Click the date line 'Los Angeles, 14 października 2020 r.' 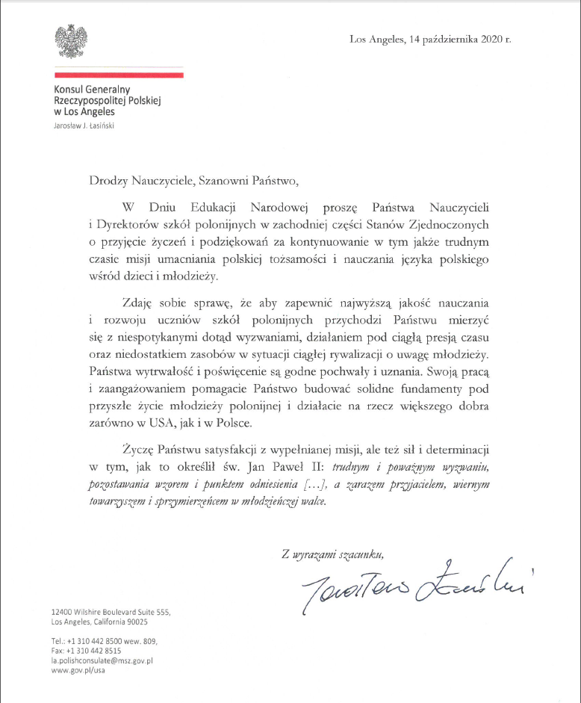[430, 39]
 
